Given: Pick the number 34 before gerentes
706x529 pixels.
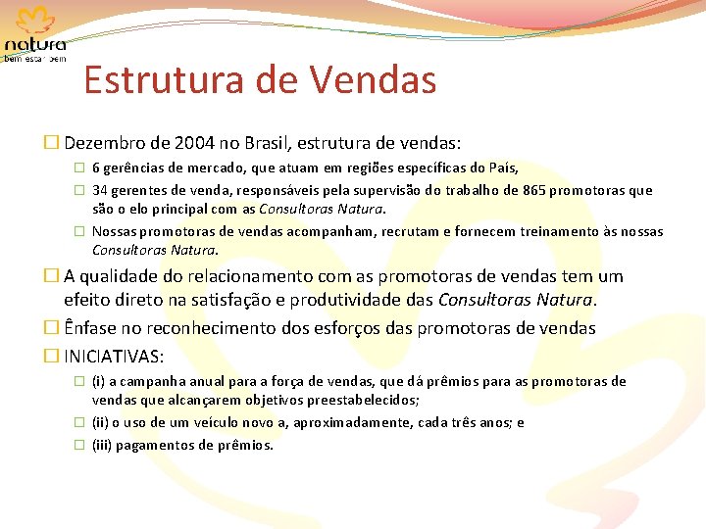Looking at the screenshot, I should coord(100,190).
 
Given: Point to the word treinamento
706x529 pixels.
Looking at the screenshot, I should coord(546,232).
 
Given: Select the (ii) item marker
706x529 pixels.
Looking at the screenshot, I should coord(102,423).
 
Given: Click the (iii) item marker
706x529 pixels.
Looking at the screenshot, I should coord(104,445).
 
